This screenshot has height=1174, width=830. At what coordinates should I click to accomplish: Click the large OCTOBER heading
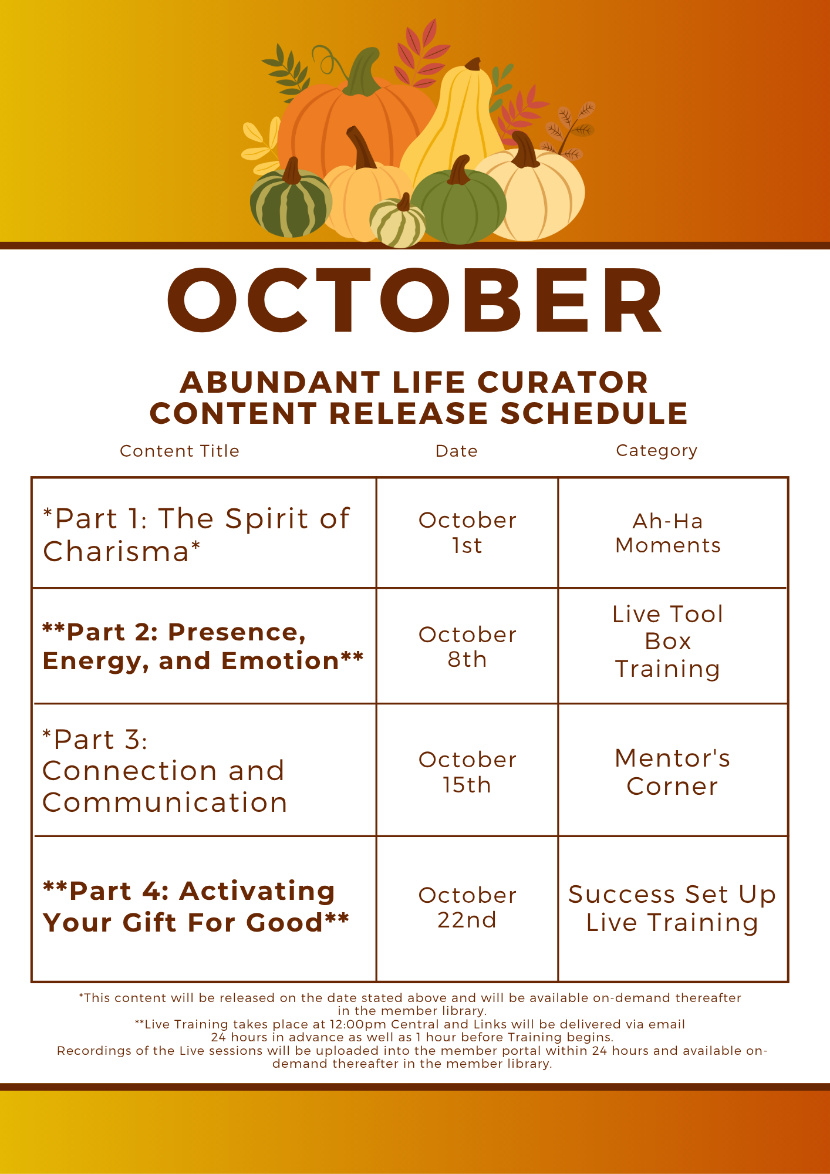pyautogui.click(x=415, y=301)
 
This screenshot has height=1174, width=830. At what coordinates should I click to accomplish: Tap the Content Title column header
pyautogui.click(x=180, y=451)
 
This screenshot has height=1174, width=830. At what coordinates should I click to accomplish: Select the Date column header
pyautogui.click(x=456, y=451)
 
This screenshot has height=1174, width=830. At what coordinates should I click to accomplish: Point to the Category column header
pyautogui.click(x=656, y=451)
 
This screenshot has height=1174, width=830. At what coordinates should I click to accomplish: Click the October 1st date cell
pyautogui.click(x=467, y=532)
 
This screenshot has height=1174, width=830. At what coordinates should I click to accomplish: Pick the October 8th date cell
pyautogui.click(x=467, y=647)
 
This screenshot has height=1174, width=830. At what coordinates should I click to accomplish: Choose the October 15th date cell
pyautogui.click(x=467, y=772)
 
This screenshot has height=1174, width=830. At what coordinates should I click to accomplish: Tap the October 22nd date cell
pyautogui.click(x=467, y=908)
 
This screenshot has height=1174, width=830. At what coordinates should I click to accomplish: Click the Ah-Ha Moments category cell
pyautogui.click(x=668, y=533)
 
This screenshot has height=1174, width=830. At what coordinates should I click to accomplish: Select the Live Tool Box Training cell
pyautogui.click(x=668, y=642)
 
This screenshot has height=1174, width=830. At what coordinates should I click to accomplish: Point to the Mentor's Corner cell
pyautogui.click(x=672, y=772)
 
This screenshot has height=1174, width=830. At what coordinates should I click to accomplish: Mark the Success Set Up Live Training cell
pyautogui.click(x=672, y=908)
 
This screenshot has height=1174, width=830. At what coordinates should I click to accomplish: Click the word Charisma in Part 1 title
pyautogui.click(x=116, y=552)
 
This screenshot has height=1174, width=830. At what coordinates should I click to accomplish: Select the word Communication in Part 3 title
pyautogui.click(x=165, y=802)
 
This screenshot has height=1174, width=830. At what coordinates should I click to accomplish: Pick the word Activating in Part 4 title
pyautogui.click(x=257, y=892)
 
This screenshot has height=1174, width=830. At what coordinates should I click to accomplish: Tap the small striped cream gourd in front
pyautogui.click(x=397, y=222)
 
